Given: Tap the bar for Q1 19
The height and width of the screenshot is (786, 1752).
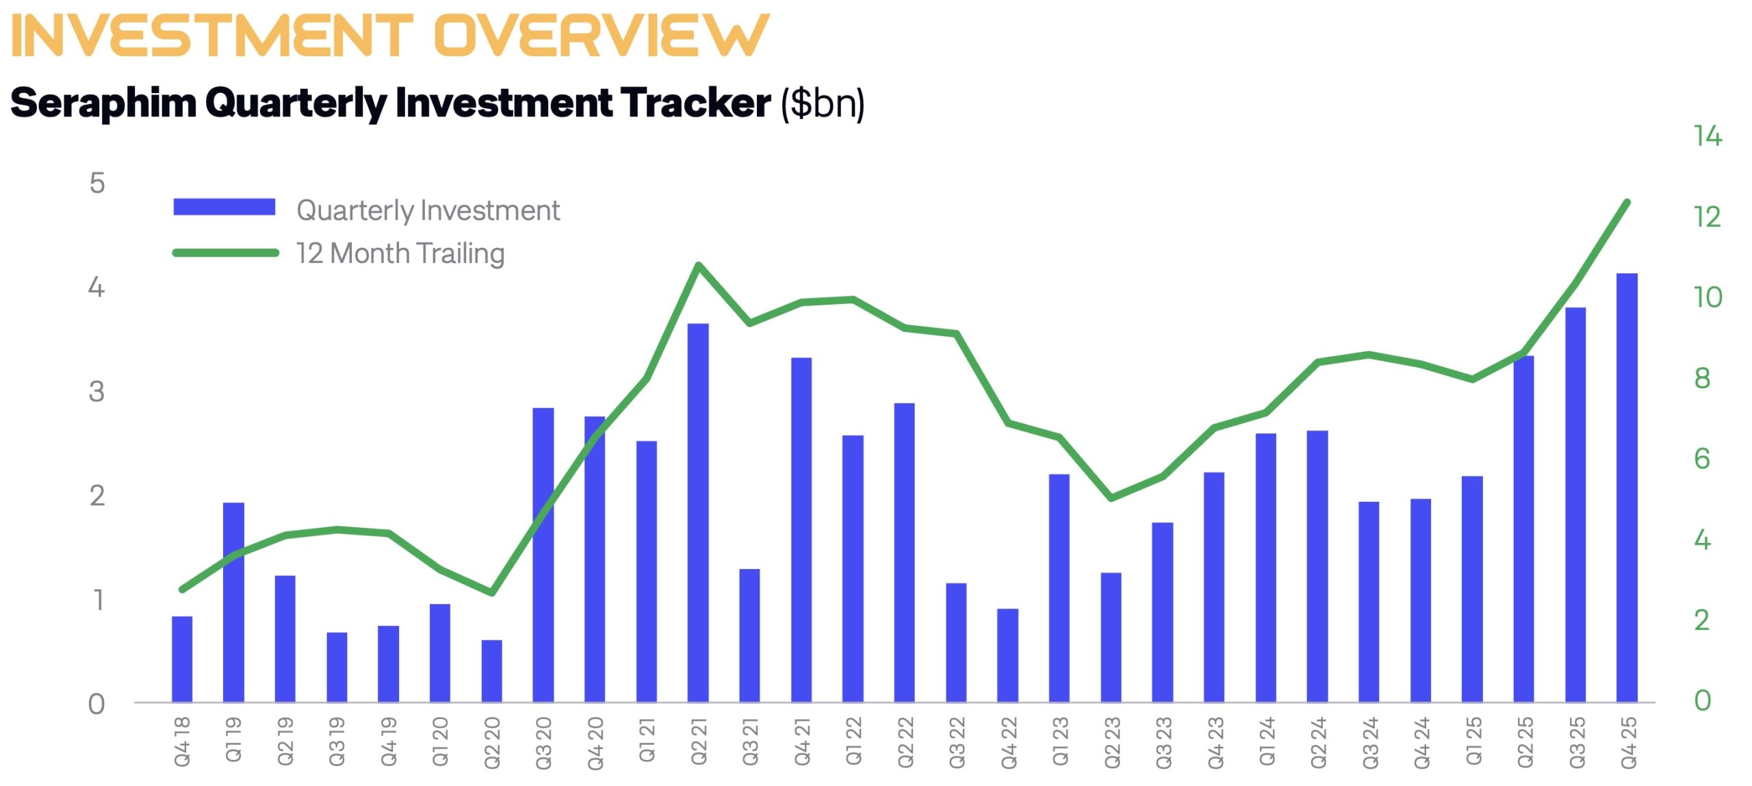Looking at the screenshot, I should [x=233, y=603].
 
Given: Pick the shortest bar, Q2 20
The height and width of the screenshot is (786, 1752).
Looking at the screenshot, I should [x=491, y=671].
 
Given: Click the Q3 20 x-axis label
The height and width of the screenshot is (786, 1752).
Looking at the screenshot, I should [x=543, y=744].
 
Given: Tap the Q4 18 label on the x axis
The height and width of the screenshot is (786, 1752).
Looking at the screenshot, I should [x=182, y=742].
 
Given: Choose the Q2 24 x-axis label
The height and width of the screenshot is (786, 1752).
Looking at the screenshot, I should [x=1317, y=744].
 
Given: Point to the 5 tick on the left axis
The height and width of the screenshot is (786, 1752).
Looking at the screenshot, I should [x=97, y=183].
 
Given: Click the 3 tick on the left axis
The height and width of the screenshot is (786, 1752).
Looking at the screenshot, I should [x=96, y=392].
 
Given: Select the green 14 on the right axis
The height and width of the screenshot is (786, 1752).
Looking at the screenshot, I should [x=1708, y=136].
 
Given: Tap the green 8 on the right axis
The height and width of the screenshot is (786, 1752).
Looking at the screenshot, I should [x=1702, y=378].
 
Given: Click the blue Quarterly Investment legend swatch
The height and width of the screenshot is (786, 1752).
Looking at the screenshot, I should [x=224, y=207].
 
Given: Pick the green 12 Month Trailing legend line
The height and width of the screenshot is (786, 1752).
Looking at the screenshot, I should [x=225, y=253].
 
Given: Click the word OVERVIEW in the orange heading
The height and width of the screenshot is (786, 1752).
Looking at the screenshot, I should [x=602, y=36].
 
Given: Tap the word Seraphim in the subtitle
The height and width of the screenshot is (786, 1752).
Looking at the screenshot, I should [x=103, y=103].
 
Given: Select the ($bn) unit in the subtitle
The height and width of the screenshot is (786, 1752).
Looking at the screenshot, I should [x=823, y=104].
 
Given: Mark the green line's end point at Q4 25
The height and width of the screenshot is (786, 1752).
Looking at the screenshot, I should [x=1627, y=202].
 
